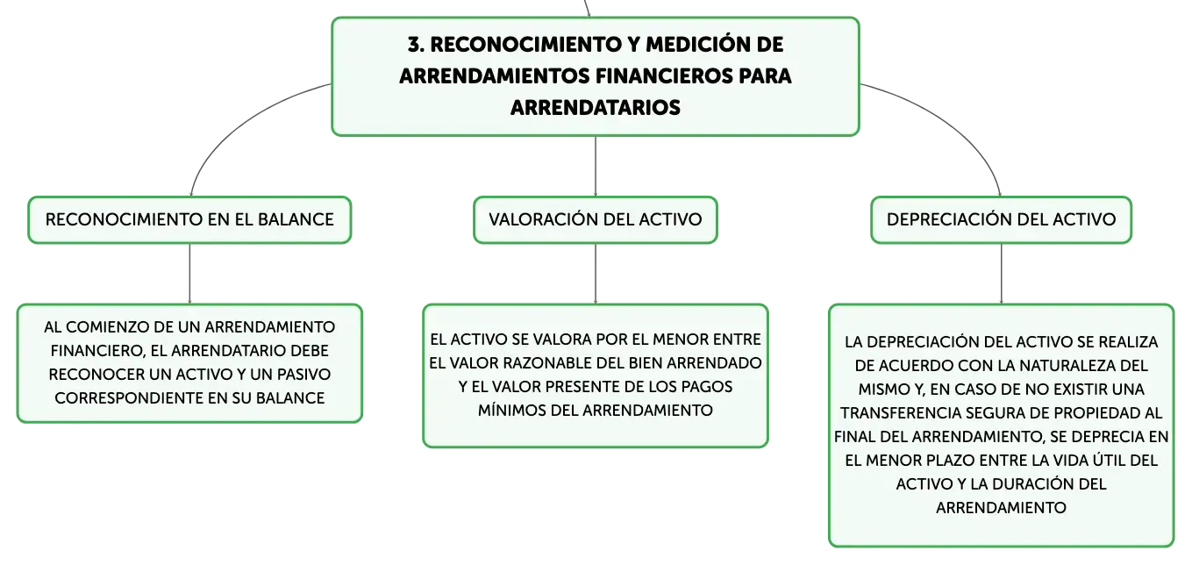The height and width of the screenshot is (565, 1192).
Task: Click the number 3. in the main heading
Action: click(416, 45)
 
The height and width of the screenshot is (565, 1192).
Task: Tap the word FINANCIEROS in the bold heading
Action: click(664, 76)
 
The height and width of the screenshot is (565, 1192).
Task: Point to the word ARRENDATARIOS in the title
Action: click(596, 108)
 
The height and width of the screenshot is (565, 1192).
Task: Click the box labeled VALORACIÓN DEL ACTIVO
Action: click(596, 220)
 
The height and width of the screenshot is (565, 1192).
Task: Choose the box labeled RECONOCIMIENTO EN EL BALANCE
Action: click(189, 220)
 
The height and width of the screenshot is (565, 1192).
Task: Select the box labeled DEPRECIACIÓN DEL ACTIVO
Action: click(1001, 220)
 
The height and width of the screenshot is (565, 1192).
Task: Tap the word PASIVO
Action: click(305, 375)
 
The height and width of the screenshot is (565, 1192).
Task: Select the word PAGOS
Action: click(708, 387)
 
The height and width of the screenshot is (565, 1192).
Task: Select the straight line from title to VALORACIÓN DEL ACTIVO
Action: click(596, 166)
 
